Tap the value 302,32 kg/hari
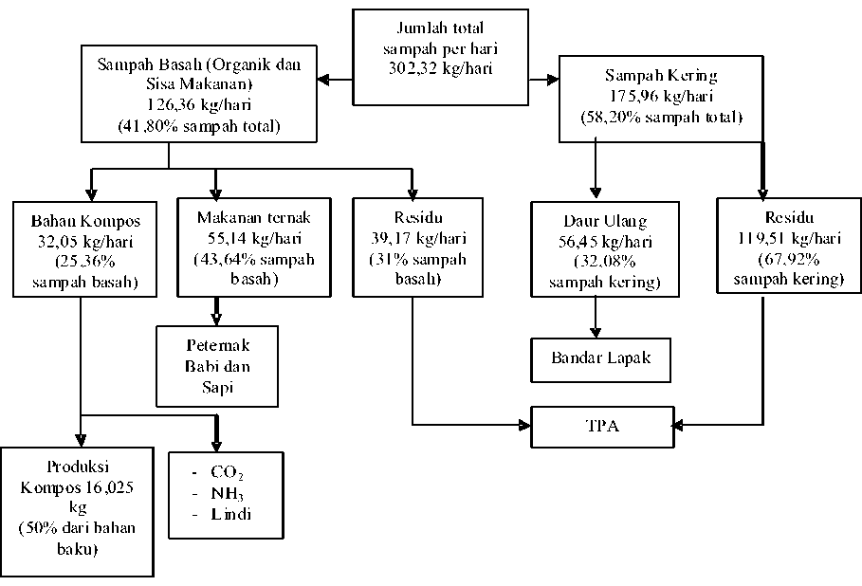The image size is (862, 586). click(440, 68)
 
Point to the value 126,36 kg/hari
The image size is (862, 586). click(198, 104)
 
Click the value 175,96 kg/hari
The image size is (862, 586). click(661, 96)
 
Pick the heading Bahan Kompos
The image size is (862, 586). click(85, 221)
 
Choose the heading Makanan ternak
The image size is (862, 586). click(253, 217)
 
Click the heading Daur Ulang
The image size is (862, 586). click(605, 221)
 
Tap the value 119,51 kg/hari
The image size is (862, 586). click(789, 237)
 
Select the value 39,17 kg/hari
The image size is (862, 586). click(418, 237)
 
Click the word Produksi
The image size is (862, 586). click(78, 467)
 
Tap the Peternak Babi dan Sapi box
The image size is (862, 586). click(217, 366)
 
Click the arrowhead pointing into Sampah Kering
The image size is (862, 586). click(553, 80)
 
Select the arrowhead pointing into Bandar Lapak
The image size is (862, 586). click(596, 332)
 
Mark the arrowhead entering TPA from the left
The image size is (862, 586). click(524, 425)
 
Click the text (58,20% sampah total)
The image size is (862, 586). click(661, 117)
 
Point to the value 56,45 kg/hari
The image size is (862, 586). click(605, 242)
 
